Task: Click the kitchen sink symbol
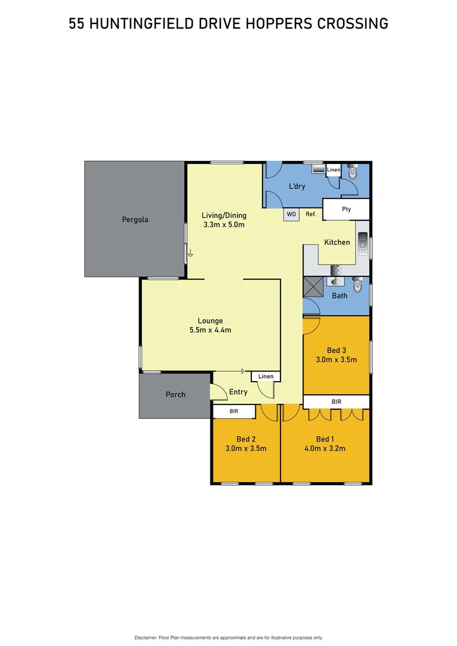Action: (x=362, y=244)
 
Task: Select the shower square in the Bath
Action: (x=313, y=288)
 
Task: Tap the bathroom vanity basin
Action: (x=336, y=282)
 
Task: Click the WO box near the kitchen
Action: (x=291, y=214)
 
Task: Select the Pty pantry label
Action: (x=346, y=209)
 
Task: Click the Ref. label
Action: (x=311, y=214)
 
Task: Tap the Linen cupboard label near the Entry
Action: (x=266, y=377)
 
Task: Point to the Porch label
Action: (x=175, y=395)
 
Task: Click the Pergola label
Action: (x=135, y=220)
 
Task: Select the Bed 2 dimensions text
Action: (x=246, y=448)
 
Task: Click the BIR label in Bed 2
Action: (x=234, y=412)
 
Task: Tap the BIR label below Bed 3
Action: (x=336, y=402)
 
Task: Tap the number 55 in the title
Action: (x=76, y=24)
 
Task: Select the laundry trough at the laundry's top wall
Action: (x=318, y=169)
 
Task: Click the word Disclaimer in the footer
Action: (x=146, y=638)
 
